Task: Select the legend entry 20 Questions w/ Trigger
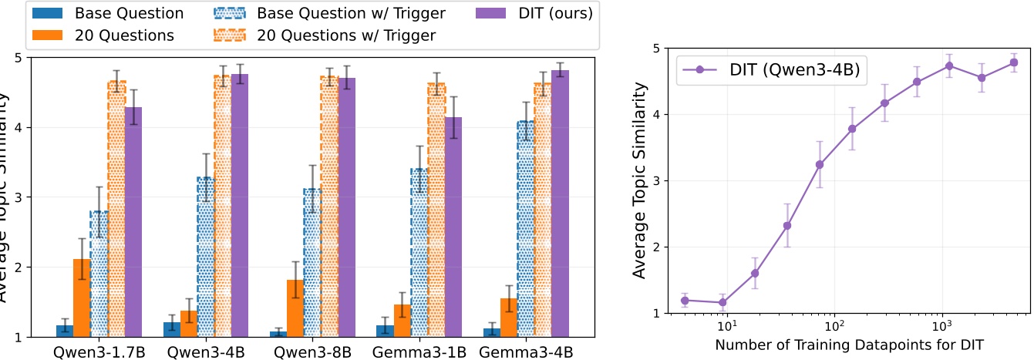coord(379,35)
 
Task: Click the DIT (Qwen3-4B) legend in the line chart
coord(770,70)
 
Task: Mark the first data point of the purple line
coord(684,301)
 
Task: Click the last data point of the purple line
coord(1014,62)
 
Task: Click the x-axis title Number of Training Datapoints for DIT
coord(848,344)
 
